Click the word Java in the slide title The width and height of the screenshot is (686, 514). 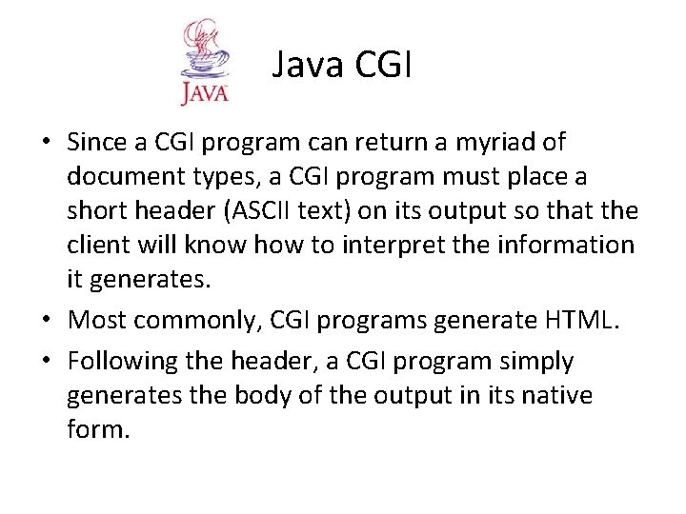click(x=307, y=68)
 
